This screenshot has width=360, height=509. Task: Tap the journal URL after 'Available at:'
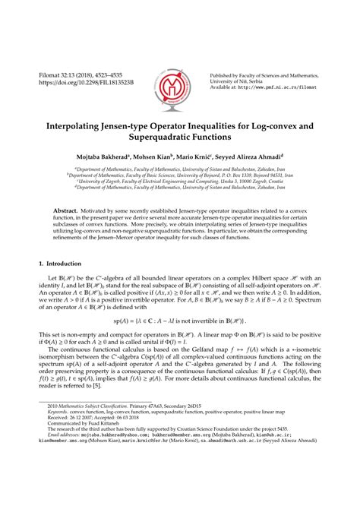(283, 87)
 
